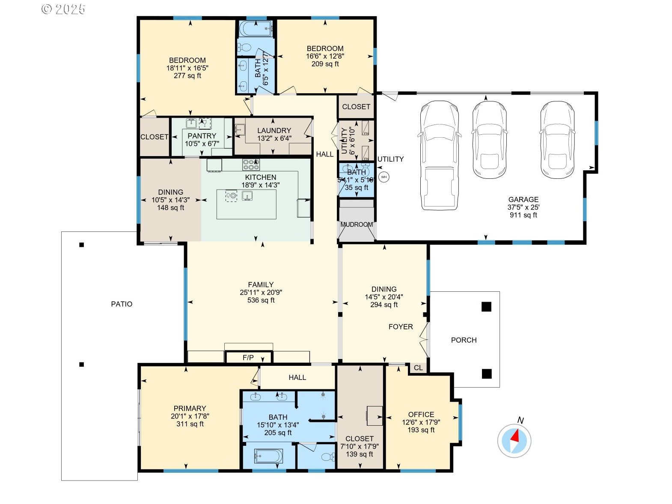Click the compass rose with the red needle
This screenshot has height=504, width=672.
(x=514, y=440)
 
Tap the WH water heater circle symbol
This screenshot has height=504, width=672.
(x=384, y=177)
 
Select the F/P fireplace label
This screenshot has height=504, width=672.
(x=248, y=358)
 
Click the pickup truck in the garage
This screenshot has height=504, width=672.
(x=439, y=156)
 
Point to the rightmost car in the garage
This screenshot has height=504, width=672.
(x=557, y=140)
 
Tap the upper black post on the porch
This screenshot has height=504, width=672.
(x=486, y=307)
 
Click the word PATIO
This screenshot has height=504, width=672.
(x=122, y=304)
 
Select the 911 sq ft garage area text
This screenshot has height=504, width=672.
(x=523, y=215)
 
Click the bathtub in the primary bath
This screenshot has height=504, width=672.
(x=268, y=456)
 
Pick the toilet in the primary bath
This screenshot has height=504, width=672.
(x=329, y=457)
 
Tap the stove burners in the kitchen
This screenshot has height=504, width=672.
(x=251, y=165)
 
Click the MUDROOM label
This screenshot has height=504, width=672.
(x=357, y=225)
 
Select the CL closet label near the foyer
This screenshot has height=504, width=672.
(x=418, y=368)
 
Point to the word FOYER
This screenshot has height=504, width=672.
(x=401, y=327)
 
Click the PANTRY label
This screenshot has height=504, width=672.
(x=202, y=136)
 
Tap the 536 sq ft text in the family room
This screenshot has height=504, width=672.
(x=261, y=300)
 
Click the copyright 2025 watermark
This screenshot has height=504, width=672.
(x=63, y=9)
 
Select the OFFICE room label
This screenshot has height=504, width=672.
(x=421, y=415)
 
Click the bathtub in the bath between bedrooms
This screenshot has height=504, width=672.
(x=256, y=29)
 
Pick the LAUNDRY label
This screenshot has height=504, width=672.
(x=274, y=130)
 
